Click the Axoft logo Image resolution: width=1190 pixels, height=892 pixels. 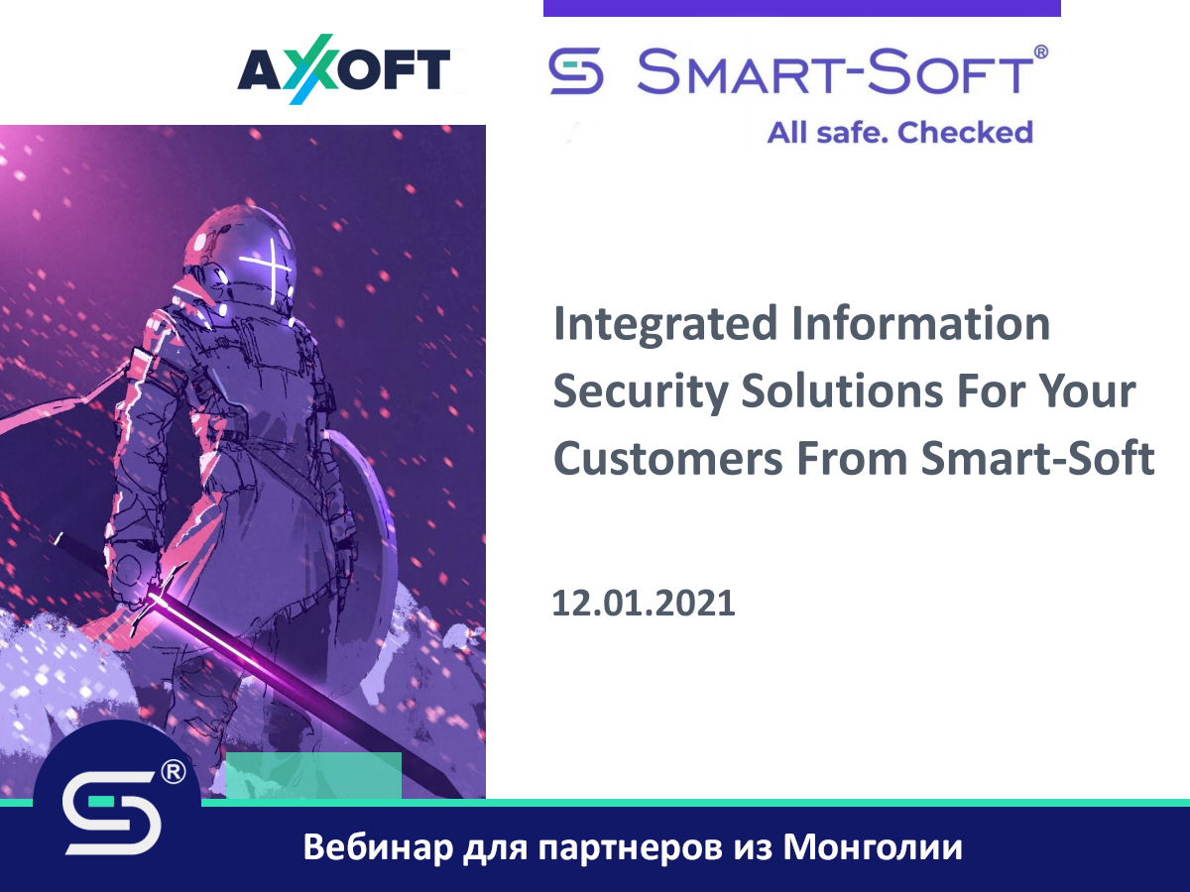[343, 71]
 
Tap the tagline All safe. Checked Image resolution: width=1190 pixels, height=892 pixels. [899, 132]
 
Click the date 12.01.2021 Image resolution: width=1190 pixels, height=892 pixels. [644, 602]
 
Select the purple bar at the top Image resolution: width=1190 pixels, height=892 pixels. [801, 8]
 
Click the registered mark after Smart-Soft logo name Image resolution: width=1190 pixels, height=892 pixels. [1040, 52]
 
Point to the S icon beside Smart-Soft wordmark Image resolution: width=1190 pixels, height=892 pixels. [576, 74]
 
